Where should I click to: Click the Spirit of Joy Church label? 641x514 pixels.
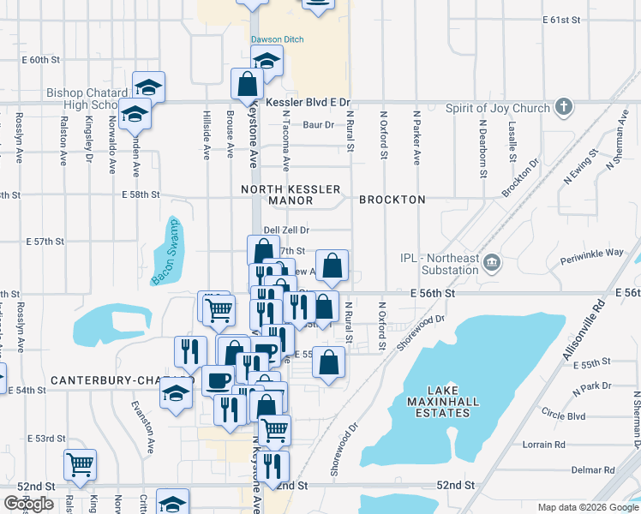(497, 109)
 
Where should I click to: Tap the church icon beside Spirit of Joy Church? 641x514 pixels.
(563, 107)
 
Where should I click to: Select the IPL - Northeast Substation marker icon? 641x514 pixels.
(492, 261)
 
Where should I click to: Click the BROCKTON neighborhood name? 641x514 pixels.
(392, 200)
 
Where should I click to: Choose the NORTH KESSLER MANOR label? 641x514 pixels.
(291, 194)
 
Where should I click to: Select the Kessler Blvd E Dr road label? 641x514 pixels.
(309, 102)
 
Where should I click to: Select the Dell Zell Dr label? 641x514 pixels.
(285, 230)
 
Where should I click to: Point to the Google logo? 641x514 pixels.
(28, 504)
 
